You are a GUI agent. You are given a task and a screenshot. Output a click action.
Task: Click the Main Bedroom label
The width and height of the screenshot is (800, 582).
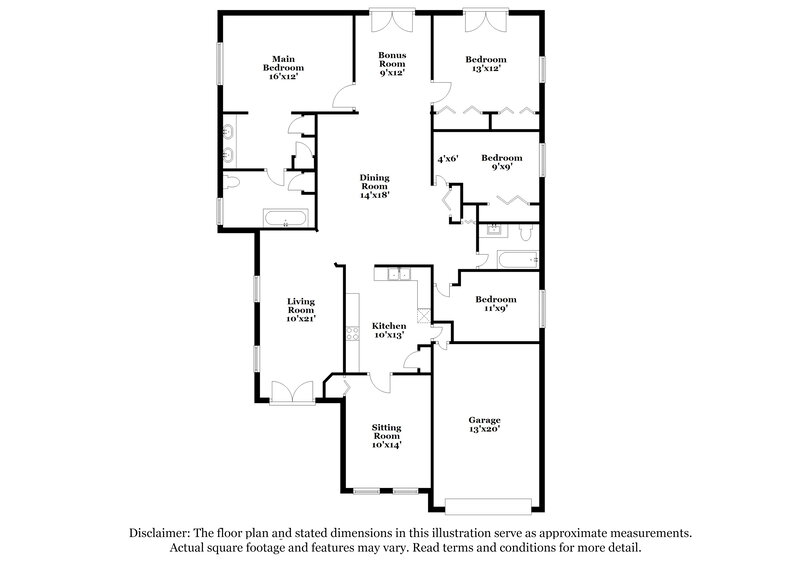click(x=283, y=66)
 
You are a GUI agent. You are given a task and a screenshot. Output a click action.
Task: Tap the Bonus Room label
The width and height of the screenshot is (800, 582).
click(x=391, y=64)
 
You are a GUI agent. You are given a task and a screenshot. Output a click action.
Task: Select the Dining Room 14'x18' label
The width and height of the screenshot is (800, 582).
click(x=374, y=187)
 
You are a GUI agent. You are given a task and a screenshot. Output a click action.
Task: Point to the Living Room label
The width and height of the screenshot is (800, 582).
click(x=301, y=309)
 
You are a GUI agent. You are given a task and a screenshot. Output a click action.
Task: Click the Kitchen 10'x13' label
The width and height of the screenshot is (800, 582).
click(x=389, y=331)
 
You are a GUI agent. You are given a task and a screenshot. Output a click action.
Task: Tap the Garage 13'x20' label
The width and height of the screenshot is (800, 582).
click(x=484, y=424)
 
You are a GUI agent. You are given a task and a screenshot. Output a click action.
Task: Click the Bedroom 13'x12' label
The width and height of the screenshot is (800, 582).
click(x=486, y=64)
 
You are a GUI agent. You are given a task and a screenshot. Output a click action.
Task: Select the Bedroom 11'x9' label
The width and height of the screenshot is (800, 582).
click(x=495, y=304)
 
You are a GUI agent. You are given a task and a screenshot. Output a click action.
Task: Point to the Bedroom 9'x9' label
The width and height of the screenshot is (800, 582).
click(x=501, y=162)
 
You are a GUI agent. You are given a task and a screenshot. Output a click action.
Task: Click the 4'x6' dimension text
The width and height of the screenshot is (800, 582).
click(x=446, y=159)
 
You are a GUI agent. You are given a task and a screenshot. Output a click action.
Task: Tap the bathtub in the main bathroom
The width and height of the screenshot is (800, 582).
click(x=287, y=218)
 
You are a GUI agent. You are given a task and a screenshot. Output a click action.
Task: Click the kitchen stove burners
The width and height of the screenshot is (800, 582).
click(x=352, y=335)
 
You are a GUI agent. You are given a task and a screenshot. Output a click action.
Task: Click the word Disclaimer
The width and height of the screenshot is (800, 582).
click(x=163, y=533)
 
